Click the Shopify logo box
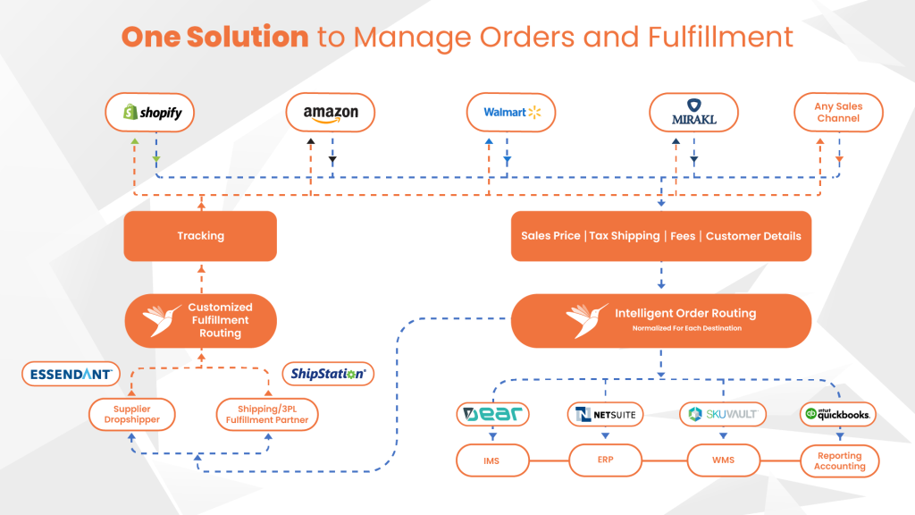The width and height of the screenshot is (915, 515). point(150,112)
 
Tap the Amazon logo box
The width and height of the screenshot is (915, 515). point(331,112)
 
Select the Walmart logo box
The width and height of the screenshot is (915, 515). point(511,112)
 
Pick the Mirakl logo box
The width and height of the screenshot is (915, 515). point(693,112)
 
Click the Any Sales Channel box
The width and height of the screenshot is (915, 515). point(838,112)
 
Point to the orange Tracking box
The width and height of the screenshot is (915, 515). point(200,236)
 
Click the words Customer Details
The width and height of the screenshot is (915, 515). point(753,236)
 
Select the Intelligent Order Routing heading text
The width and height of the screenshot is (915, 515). point(685,313)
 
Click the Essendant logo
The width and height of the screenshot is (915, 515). point(71,375)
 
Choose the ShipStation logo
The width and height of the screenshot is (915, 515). point(328,374)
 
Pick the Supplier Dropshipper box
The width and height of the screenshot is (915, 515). point(132,415)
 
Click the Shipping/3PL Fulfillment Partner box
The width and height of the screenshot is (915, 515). point(267,415)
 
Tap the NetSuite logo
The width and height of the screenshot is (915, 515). point(605,415)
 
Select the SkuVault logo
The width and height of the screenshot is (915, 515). point(723,415)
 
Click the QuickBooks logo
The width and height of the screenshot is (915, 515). point(838,415)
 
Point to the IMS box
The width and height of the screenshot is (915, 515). point(492,460)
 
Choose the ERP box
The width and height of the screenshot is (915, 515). point(605,460)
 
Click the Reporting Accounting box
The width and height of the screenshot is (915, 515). point(840,460)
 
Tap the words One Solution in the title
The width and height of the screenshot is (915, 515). point(214,37)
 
